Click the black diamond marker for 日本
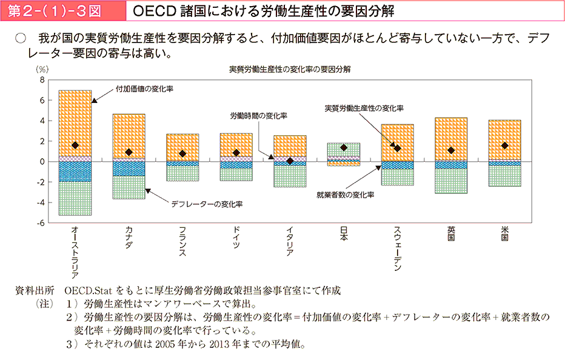click(344, 147)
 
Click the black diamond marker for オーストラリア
click(75, 145)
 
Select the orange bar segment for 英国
click(451, 139)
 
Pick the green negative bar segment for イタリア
click(290, 176)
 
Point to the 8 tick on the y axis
click(42, 80)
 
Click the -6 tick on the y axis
click(41, 224)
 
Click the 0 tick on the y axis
click(42, 162)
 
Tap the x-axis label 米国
click(505, 234)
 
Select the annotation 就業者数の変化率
click(345, 195)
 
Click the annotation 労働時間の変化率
click(258, 115)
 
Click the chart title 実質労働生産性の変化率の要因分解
click(289, 69)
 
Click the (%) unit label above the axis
click(42, 69)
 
